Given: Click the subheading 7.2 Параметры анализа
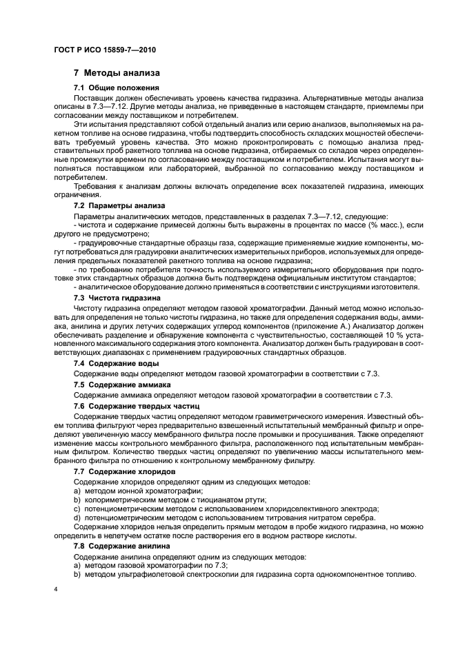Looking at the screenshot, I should tap(119, 206).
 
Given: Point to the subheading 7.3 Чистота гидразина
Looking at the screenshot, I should tap(117, 297).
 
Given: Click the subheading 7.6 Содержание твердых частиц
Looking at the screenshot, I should tap(135, 407).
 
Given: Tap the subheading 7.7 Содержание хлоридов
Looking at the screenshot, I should tap(124, 471).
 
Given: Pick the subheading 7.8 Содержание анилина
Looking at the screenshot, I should tap(121, 544).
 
